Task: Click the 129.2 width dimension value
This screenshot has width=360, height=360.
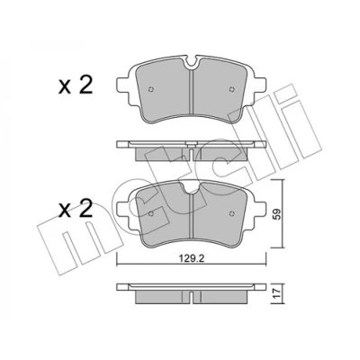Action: (192, 258)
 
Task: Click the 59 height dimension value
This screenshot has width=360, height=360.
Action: (277, 214)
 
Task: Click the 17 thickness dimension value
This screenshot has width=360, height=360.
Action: (277, 292)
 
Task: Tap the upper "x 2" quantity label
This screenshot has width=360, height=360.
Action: (76, 85)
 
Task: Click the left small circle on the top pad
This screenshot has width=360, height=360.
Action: (151, 89)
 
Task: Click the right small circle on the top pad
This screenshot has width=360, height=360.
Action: (231, 89)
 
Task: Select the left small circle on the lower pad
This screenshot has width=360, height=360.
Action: (151, 213)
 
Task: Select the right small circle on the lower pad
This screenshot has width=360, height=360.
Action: (231, 213)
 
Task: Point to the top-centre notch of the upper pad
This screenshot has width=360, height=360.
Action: (191, 62)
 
